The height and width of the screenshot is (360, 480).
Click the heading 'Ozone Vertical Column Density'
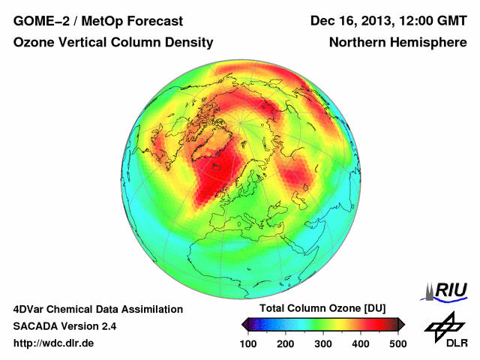pyautogui.click(x=113, y=43)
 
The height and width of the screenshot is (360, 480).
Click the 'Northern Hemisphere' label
pyautogui.click(x=397, y=43)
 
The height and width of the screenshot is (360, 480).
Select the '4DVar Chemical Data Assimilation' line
pyautogui.click(x=98, y=309)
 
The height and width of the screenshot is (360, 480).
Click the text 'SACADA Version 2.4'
pyautogui.click(x=64, y=326)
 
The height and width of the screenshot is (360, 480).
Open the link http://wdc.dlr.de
pyautogui.click(x=54, y=343)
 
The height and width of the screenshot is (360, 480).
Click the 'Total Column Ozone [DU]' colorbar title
pyautogui.click(x=322, y=309)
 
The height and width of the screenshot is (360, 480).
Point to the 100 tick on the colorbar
pyautogui.click(x=248, y=343)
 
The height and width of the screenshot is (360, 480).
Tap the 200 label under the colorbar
pyautogui.click(x=285, y=343)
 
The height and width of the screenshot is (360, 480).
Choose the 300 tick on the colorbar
pyautogui.click(x=322, y=343)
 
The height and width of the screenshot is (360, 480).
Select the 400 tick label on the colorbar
pyautogui.click(x=360, y=343)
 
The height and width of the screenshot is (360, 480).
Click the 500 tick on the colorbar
pyautogui.click(x=397, y=343)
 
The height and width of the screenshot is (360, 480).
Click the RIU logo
pyautogui.click(x=445, y=291)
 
